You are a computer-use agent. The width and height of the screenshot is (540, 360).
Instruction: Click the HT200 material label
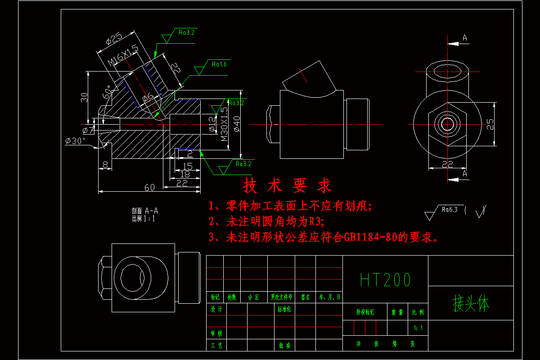point(385,280)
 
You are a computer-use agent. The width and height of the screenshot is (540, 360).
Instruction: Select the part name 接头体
point(470,304)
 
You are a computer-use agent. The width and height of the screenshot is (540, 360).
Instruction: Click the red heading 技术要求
point(287,185)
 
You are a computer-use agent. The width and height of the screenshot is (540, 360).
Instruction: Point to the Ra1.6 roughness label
point(219,64)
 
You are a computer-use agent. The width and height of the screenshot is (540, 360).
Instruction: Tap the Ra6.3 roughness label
point(449,209)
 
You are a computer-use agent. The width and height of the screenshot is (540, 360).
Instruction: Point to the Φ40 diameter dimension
point(237,123)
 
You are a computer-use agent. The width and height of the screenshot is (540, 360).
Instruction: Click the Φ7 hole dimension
point(89,130)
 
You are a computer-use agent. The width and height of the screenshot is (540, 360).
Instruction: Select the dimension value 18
point(184,174)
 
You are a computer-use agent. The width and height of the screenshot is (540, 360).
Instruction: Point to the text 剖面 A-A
point(144,211)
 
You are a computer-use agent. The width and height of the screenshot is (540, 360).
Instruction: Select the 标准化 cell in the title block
point(284,310)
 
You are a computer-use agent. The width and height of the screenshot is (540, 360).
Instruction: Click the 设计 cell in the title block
point(216,310)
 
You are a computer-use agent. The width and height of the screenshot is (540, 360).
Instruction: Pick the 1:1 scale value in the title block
point(418,328)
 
